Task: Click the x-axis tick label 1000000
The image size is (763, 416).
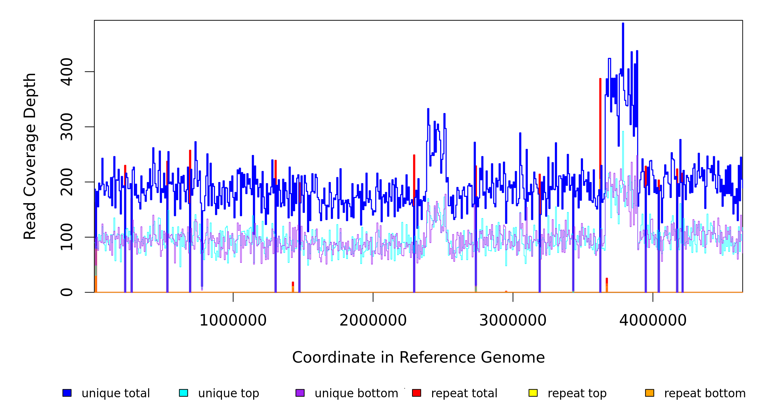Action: (233, 320)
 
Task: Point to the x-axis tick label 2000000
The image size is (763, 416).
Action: (373, 320)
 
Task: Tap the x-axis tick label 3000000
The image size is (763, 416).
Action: (513, 320)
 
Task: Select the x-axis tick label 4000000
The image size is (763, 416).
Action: (653, 320)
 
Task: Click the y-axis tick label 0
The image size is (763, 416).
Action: (67, 292)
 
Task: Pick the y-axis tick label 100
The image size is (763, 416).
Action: (67, 237)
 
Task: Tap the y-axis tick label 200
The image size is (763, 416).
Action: (67, 182)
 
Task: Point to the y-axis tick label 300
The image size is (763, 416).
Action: (67, 127)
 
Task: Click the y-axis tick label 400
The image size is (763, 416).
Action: (67, 72)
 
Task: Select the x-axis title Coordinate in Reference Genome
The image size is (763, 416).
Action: (418, 358)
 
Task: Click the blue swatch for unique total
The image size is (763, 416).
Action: (67, 393)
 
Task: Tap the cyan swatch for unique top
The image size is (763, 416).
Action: (183, 393)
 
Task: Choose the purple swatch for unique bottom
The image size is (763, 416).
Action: (300, 393)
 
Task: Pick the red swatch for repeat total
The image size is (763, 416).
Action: (417, 393)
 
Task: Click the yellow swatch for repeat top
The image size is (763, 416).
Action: (533, 393)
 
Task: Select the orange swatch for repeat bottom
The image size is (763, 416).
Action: (650, 393)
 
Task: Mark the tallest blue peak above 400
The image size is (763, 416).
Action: (623, 24)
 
